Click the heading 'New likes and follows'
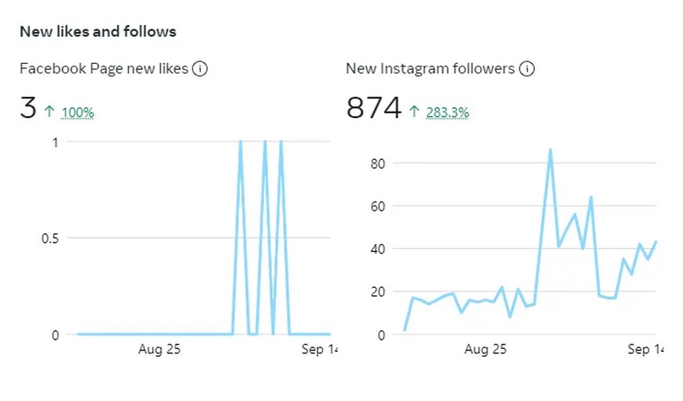[97, 32]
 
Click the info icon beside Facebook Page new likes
[200, 69]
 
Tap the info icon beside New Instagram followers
[526, 69]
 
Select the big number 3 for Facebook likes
[28, 109]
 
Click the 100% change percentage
[78, 112]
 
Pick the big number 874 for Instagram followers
[374, 109]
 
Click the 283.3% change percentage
[448, 112]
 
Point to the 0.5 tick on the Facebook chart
[49, 238]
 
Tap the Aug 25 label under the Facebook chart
[160, 350]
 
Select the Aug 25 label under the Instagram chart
[485, 350]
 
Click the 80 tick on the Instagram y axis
[378, 164]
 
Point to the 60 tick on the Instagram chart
[378, 206]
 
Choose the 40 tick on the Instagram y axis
[378, 249]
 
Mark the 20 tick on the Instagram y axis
[378, 292]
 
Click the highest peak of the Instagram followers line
[550, 150]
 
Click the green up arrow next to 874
[415, 111]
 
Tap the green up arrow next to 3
[49, 111]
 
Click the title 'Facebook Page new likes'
[104, 69]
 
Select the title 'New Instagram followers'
[430, 69]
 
